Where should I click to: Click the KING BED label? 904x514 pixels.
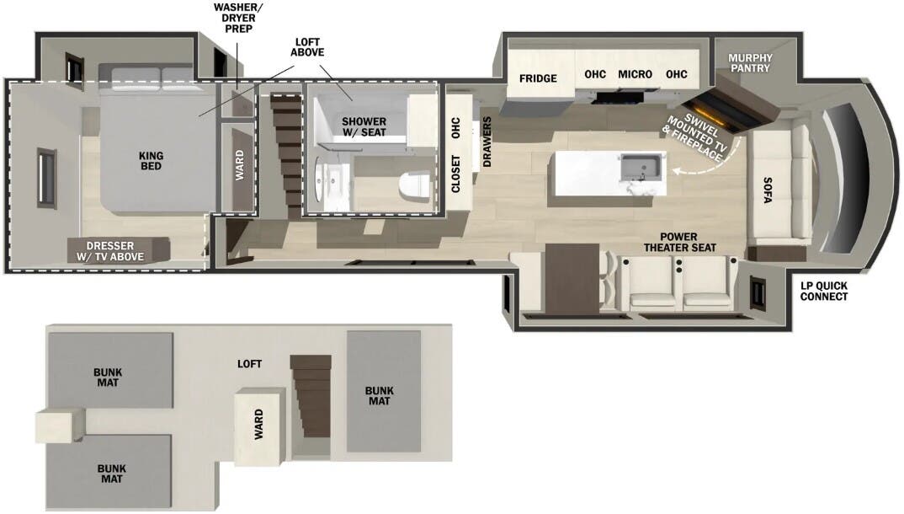(x=152, y=160)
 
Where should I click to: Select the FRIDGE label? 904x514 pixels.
(x=537, y=78)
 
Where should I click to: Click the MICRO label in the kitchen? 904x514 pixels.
(x=635, y=74)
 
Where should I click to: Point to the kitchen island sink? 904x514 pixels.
(x=642, y=168)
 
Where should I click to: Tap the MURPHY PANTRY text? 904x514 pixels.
(x=749, y=63)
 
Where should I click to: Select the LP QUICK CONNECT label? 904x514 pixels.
(x=824, y=291)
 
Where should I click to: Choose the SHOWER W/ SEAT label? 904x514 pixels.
(x=364, y=127)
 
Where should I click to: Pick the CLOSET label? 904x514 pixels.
(x=456, y=174)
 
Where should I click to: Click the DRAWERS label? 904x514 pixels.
(x=487, y=142)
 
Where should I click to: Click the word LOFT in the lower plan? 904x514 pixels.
(x=249, y=364)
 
